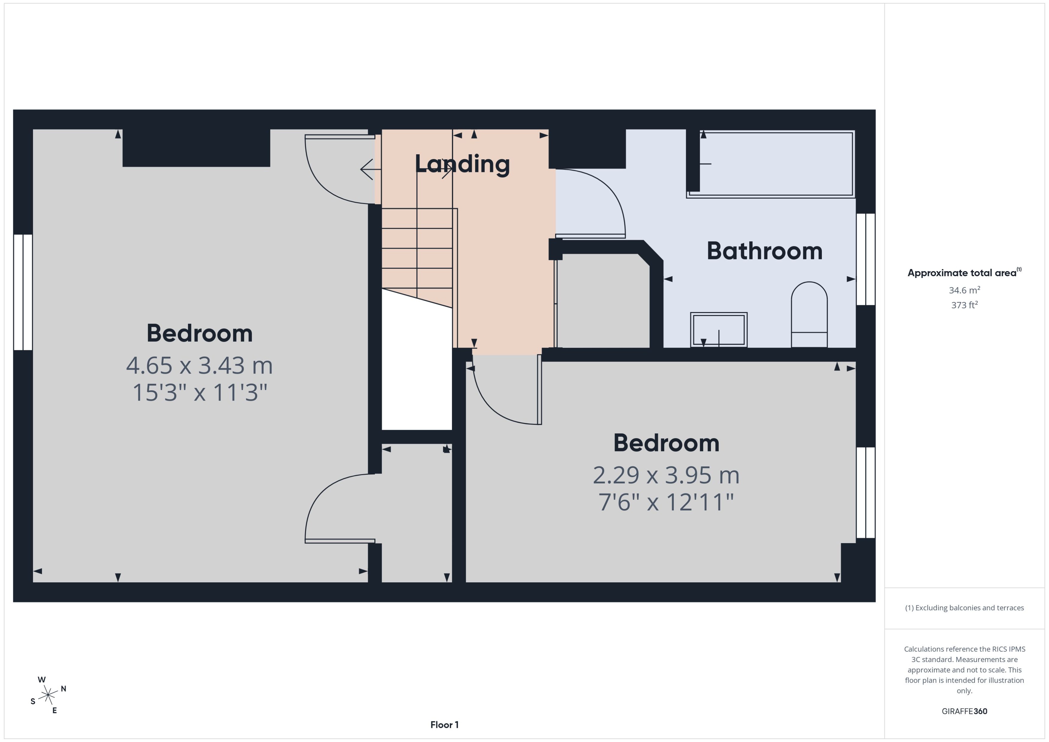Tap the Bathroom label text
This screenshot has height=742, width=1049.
[764, 251]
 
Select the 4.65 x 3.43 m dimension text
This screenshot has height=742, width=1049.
[199, 365]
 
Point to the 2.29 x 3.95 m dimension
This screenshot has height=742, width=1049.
[666, 475]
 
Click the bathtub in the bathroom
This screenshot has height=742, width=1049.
[772, 164]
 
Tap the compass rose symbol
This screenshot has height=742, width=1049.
[48, 695]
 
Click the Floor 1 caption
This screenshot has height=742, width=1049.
[444, 725]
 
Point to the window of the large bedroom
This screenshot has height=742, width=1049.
[23, 292]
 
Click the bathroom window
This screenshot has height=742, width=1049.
[865, 259]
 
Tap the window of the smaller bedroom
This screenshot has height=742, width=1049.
[865, 492]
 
